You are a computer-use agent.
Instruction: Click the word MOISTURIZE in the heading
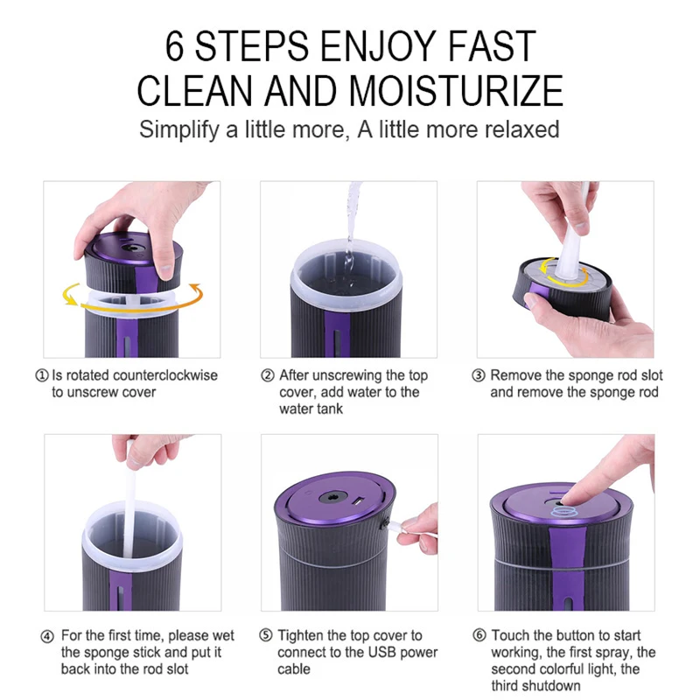(x=455, y=90)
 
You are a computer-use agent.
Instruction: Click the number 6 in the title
(x=175, y=46)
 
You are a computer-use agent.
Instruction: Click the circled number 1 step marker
(x=41, y=375)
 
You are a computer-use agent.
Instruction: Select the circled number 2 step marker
(x=268, y=375)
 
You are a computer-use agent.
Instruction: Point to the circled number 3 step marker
(x=479, y=375)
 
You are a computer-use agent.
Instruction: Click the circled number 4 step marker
(x=47, y=635)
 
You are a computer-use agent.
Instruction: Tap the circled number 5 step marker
(x=266, y=635)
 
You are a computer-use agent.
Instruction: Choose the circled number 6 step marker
(x=479, y=635)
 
